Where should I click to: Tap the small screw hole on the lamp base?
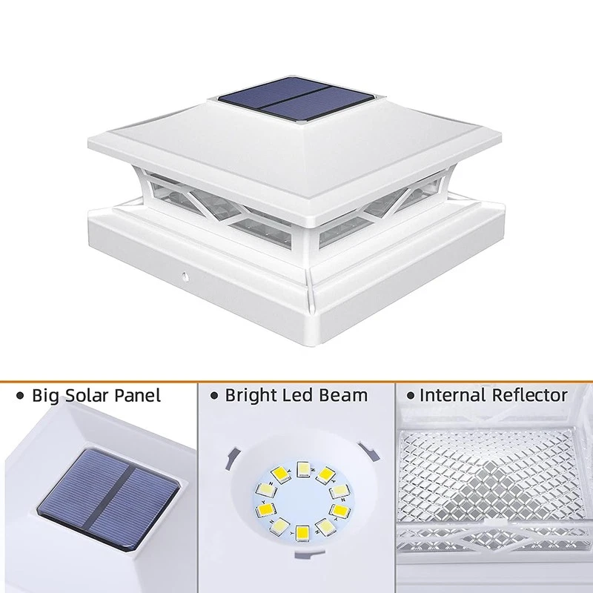pyautogui.click(x=185, y=276)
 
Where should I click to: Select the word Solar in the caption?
pyautogui.click(x=87, y=396)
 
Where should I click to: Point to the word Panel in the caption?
pyautogui.click(x=138, y=396)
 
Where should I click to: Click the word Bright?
pyautogui.click(x=251, y=396)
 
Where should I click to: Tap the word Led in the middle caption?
pyautogui.click(x=297, y=396)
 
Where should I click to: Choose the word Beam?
pyautogui.click(x=343, y=396)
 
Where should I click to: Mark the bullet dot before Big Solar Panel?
pyautogui.click(x=20, y=397)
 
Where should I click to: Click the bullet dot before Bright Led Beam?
pyautogui.click(x=214, y=397)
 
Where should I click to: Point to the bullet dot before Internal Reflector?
pyautogui.click(x=411, y=397)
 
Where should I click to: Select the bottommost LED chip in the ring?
pyautogui.click(x=302, y=534)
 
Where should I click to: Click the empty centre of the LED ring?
pyautogui.click(x=303, y=501)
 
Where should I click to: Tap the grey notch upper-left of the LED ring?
pyautogui.click(x=232, y=458)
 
